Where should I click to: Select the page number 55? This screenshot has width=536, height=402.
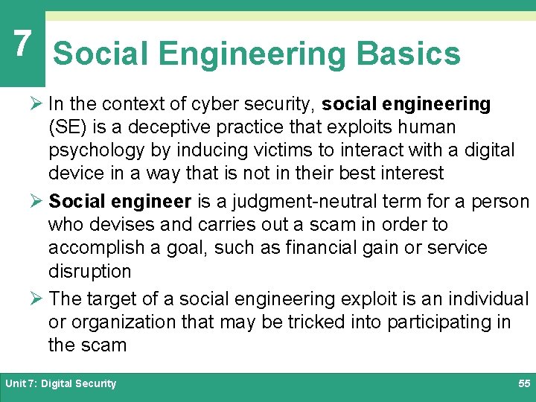click(523, 383)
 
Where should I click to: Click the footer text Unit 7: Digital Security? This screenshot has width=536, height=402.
click(61, 383)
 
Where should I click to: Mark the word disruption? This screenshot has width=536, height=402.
click(89, 271)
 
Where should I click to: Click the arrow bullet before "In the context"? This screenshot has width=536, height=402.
click(38, 104)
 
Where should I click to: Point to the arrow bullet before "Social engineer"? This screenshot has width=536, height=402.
click(38, 202)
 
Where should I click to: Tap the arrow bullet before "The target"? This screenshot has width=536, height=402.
click(38, 299)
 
